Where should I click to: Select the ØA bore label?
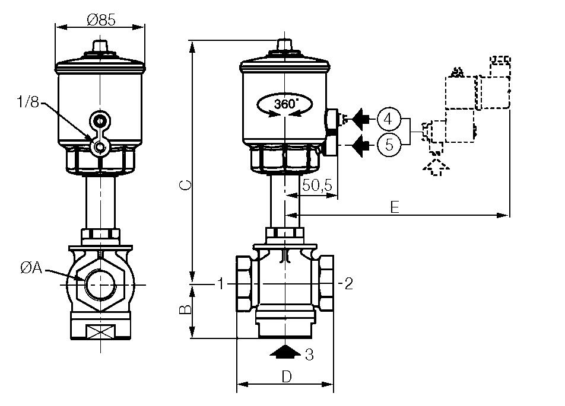pos(30,268)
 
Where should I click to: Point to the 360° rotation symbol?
pos(285,104)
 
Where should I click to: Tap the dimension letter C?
pos(185,186)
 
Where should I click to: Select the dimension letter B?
pos(185,310)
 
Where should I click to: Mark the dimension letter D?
pos(286,376)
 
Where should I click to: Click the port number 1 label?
pos(220,284)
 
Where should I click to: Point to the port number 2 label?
pos(348,284)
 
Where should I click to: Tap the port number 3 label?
pos(309,355)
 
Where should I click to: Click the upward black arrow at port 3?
pos(285,351)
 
